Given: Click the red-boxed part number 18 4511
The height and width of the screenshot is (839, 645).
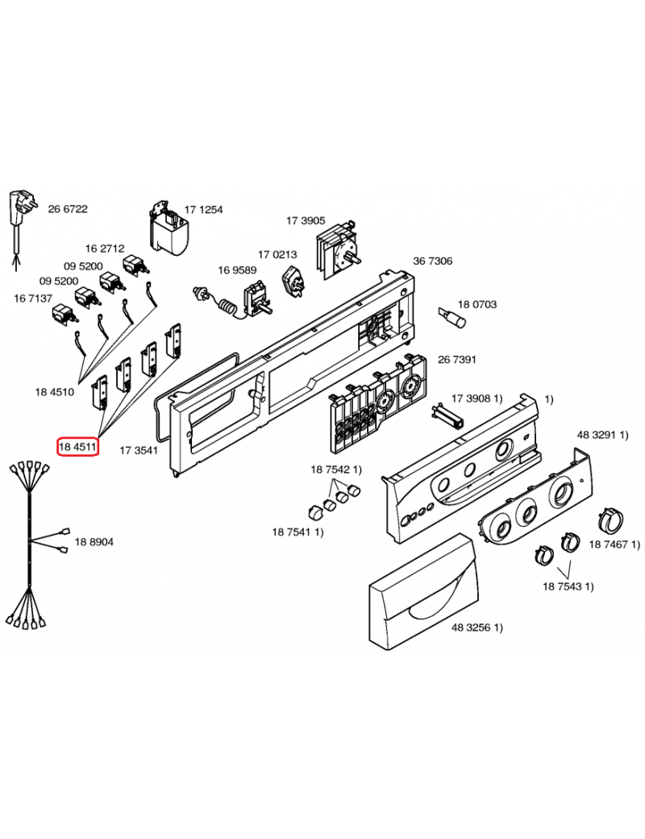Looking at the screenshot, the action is click(x=77, y=446).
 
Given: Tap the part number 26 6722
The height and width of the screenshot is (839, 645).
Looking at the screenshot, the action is click(x=68, y=209).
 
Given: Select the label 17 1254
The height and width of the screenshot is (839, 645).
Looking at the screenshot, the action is click(x=204, y=209).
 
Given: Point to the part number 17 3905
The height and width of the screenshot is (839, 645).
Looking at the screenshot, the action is click(x=306, y=220).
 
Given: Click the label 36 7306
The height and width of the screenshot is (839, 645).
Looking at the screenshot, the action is click(x=433, y=261).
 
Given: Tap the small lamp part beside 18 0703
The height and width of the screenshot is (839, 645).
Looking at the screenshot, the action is click(x=452, y=315).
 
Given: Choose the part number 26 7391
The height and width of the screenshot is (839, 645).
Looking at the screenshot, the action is click(x=457, y=359).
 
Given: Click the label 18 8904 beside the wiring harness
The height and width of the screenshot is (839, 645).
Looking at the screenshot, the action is click(x=94, y=542).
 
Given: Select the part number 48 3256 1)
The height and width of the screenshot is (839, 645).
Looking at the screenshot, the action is click(x=477, y=627).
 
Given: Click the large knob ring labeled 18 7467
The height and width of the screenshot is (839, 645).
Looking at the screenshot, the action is click(x=610, y=519).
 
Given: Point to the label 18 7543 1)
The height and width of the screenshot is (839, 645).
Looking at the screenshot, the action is click(x=568, y=586).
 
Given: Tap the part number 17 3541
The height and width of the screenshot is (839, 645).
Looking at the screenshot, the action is click(x=139, y=450).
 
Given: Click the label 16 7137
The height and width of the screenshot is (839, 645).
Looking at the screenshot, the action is click(x=33, y=298).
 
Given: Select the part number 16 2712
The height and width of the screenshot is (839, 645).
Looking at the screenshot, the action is click(x=105, y=248).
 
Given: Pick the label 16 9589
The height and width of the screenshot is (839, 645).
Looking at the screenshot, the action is click(x=238, y=269).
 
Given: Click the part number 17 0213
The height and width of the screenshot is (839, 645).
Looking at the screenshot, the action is click(x=277, y=254).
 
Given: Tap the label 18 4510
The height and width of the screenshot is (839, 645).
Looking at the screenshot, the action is click(x=55, y=392).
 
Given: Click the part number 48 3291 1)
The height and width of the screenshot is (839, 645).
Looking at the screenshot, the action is click(x=603, y=435).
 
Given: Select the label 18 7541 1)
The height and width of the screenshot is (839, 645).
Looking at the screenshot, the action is click(x=298, y=532).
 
